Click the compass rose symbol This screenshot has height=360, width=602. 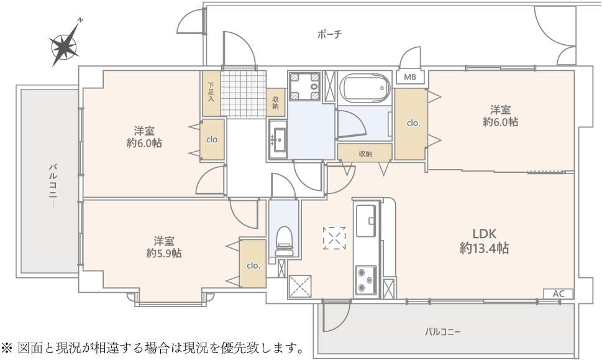pyautogui.click(x=63, y=45)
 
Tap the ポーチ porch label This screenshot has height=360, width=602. pyautogui.click(x=329, y=34)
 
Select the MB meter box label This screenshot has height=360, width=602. pyautogui.click(x=410, y=77)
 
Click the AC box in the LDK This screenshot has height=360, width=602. pyautogui.click(x=559, y=293)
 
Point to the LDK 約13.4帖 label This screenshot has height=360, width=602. pyautogui.click(x=484, y=241)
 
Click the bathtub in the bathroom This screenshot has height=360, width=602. pyautogui.click(x=365, y=88)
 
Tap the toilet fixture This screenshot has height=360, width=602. pyautogui.click(x=284, y=240)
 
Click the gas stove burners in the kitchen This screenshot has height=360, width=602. pyautogui.click(x=365, y=280)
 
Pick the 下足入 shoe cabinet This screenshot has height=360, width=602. pyautogui.click(x=211, y=93)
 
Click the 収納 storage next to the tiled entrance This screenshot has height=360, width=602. pyautogui.click(x=275, y=103)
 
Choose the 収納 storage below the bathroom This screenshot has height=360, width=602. pyautogui.click(x=365, y=153)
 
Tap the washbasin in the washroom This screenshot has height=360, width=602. pyautogui.click(x=278, y=139)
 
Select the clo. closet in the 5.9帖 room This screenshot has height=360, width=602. pyautogui.click(x=253, y=265)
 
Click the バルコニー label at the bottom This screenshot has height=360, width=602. pyautogui.click(x=442, y=331)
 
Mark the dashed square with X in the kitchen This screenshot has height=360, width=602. pyautogui.click(x=335, y=238)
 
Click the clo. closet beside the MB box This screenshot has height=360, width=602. pyautogui.click(x=413, y=123)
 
